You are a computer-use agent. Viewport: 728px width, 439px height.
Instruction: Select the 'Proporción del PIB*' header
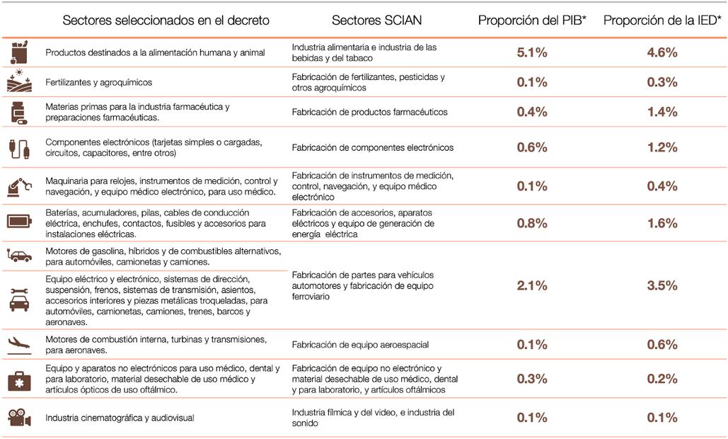click(533, 21)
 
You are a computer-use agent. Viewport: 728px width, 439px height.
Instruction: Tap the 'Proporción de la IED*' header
click(661, 21)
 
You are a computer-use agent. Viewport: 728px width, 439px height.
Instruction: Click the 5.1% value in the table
click(532, 52)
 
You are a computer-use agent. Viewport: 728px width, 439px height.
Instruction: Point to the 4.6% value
click(662, 52)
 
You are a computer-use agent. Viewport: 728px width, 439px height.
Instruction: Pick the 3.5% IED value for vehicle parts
click(662, 286)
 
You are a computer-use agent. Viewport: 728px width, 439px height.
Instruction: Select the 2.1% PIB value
click(532, 286)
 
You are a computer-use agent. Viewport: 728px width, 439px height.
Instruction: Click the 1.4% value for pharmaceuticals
click(662, 112)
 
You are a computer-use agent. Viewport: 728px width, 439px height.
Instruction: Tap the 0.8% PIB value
click(532, 224)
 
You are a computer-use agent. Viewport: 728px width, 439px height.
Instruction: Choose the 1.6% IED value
click(662, 224)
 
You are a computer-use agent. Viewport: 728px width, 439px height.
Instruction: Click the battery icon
click(19, 222)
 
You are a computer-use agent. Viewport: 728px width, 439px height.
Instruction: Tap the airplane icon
click(19, 345)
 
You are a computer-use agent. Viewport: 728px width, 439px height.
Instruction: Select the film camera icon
click(19, 418)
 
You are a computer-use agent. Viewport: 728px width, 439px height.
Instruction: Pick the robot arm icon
click(19, 186)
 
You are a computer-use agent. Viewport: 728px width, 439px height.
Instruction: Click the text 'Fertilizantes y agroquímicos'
click(98, 82)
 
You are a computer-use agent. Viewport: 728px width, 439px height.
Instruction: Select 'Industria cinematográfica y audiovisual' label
click(120, 418)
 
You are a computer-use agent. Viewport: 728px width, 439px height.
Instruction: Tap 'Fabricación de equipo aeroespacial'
click(360, 345)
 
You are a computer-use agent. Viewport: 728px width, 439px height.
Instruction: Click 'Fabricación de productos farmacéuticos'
click(369, 112)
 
